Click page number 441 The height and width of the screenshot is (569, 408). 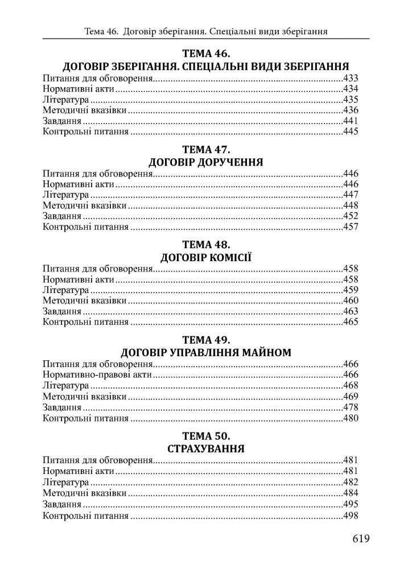(x=351, y=121)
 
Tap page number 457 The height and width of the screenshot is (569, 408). (x=351, y=227)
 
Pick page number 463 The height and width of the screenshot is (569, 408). (x=351, y=311)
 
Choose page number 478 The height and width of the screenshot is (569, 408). (x=351, y=407)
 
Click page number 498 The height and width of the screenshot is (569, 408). (x=351, y=516)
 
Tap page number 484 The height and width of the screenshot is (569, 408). (x=351, y=493)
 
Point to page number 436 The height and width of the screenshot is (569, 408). (x=351, y=110)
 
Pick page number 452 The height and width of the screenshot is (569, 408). (x=351, y=216)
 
